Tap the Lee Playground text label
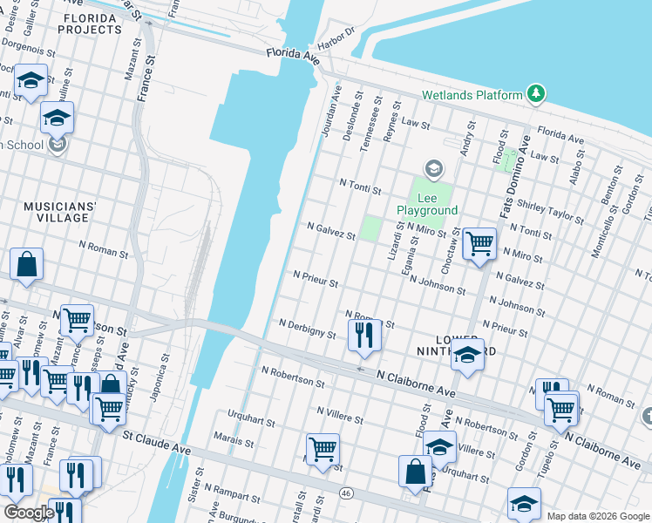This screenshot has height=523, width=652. (x=427, y=204)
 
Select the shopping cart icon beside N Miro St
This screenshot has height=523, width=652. (x=479, y=244)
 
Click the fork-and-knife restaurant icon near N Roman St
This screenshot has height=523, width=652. (x=363, y=335)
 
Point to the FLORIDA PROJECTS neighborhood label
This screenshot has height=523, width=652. (x=90, y=24)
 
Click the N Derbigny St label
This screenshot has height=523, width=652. (x=307, y=328)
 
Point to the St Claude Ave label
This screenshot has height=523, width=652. (x=156, y=441)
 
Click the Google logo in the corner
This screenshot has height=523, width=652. (x=29, y=513)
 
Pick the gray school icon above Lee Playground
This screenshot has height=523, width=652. (x=433, y=167)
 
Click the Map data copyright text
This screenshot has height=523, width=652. (x=597, y=516)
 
